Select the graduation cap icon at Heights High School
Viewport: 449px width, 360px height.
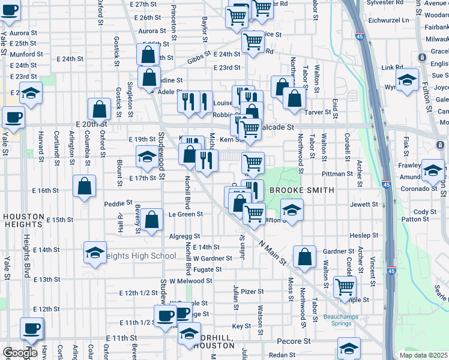(95, 253)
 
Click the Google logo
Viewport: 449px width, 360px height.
(20, 353)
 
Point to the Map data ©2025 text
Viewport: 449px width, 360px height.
(423, 355)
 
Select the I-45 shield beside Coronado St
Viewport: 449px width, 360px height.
(387, 185)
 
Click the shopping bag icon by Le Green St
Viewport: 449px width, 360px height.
(152, 220)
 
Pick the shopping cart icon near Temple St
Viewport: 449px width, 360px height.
(345, 287)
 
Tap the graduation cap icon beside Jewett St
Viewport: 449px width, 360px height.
(292, 210)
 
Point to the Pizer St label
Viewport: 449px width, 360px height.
(253, 292)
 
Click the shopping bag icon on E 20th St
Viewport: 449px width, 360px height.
(100, 109)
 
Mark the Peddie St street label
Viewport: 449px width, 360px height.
(118, 203)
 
